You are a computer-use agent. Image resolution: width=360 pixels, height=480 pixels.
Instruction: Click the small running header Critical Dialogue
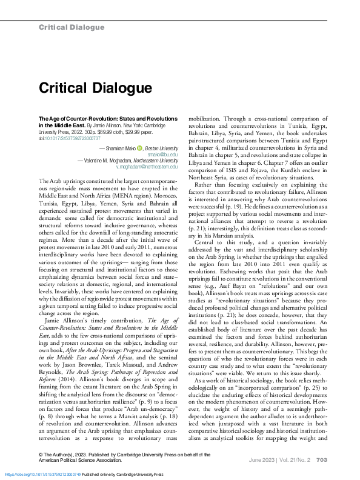tap(71, 27)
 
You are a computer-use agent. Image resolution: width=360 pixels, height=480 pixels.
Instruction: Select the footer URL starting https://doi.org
tap(45, 474)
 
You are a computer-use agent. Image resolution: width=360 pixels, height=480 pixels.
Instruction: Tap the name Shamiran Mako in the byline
tap(118, 148)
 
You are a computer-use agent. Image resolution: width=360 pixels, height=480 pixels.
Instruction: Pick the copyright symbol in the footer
tap(41, 454)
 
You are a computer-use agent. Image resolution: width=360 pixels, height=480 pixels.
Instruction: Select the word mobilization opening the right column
tap(207, 119)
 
